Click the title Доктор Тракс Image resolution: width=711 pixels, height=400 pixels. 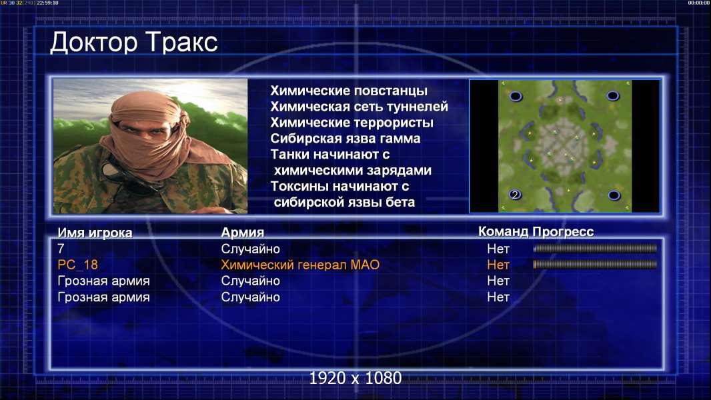pyautogui.click(x=134, y=43)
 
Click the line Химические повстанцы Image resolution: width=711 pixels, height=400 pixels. pyautogui.click(x=349, y=91)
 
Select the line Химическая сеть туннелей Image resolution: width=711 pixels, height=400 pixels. pyautogui.click(x=359, y=107)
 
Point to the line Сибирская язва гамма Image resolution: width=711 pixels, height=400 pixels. pyautogui.click(x=345, y=138)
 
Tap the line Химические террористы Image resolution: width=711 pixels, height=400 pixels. pyautogui.click(x=352, y=122)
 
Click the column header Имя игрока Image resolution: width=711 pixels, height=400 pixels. pyautogui.click(x=95, y=233)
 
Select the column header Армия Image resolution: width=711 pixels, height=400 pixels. pyautogui.click(x=243, y=233)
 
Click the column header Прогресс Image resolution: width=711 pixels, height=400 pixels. pyautogui.click(x=563, y=231)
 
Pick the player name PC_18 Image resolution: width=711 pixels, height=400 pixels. pyautogui.click(x=77, y=265)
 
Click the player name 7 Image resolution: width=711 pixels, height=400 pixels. pyautogui.click(x=61, y=249)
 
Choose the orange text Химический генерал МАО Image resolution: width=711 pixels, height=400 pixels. pyautogui.click(x=300, y=265)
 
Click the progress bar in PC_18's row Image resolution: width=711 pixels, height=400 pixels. pyautogui.click(x=595, y=264)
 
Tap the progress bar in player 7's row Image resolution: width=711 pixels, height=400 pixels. pyautogui.click(x=595, y=248)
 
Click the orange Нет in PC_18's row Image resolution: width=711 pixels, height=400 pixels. pyautogui.click(x=498, y=265)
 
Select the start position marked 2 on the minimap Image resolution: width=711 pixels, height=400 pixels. pyautogui.click(x=515, y=195)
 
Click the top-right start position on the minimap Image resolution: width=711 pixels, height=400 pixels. pyautogui.click(x=612, y=95)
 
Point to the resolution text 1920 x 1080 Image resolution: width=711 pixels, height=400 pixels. pyautogui.click(x=355, y=378)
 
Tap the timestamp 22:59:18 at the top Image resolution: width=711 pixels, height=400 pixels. pyautogui.click(x=47, y=3)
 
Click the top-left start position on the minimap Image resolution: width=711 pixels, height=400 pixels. pyautogui.click(x=516, y=96)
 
